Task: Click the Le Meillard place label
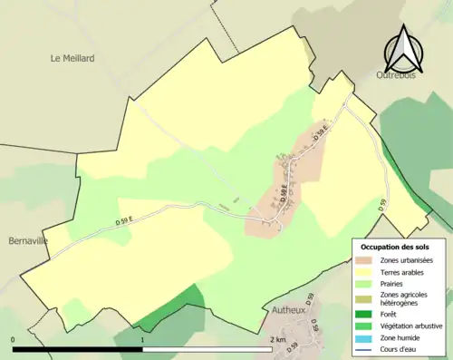point(72,58)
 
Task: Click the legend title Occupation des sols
point(395,247)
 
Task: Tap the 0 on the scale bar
point(14,340)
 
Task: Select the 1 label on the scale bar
point(143,340)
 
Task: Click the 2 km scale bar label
point(277,340)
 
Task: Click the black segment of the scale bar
point(78,349)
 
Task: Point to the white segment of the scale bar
point(207,349)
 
